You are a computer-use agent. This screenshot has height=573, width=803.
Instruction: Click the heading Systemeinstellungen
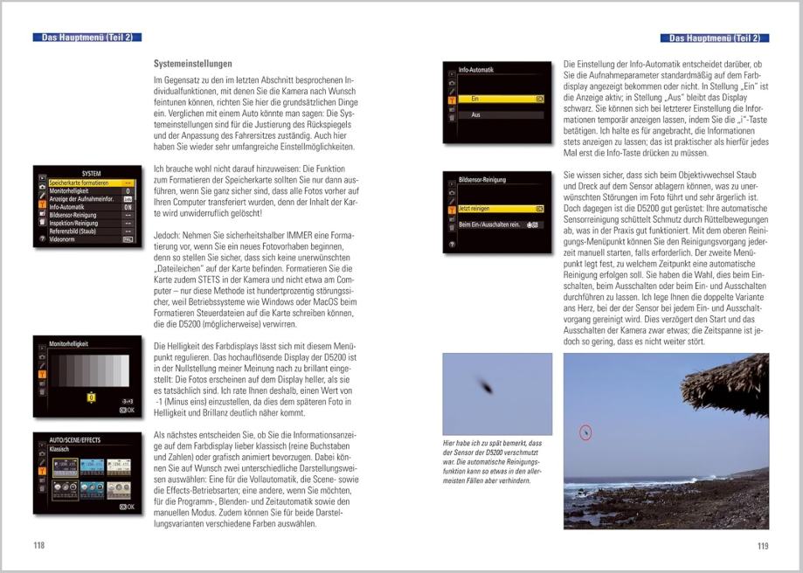[x=192, y=64]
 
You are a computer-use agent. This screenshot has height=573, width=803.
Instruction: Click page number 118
[x=38, y=546]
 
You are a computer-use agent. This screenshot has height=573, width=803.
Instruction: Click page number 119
[x=762, y=546]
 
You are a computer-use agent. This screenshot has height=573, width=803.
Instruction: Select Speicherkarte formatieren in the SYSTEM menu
[x=80, y=183]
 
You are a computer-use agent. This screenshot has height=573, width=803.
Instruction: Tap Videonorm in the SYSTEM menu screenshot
[x=63, y=238]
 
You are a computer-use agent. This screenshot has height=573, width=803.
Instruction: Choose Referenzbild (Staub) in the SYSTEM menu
[x=73, y=231]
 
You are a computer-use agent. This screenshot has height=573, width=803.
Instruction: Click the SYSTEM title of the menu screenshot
[x=91, y=173]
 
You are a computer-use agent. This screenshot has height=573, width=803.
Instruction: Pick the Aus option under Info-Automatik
[x=476, y=115]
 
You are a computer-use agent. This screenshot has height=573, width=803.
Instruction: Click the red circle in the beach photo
[x=585, y=431]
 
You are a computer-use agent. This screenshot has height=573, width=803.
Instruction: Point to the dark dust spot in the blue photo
[x=482, y=383]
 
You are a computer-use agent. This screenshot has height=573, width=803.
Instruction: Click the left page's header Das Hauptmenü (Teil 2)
[x=87, y=38]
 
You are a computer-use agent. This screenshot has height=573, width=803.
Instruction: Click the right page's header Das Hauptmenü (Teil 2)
[x=715, y=38]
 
